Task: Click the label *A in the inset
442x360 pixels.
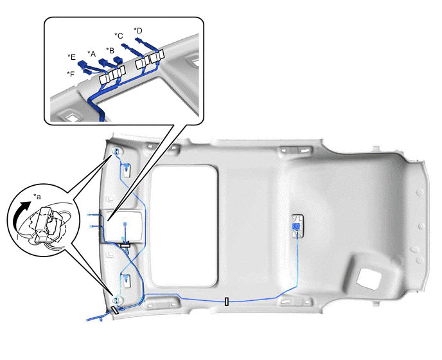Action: click(91, 53)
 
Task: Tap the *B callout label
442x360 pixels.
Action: click(110, 51)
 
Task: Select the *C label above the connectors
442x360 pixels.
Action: click(119, 36)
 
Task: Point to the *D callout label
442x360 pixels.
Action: click(138, 30)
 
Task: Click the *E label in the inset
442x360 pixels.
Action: click(71, 57)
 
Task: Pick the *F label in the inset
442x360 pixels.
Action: click(71, 74)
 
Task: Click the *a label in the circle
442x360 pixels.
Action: click(37, 196)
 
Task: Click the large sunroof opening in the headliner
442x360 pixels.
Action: click(184, 226)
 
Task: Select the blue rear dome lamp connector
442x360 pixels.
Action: click(296, 226)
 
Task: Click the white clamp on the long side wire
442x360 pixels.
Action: click(227, 301)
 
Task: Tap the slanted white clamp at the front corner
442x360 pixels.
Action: click(115, 310)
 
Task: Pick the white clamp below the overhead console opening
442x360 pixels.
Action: click(125, 246)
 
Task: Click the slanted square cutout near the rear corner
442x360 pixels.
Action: click(369, 279)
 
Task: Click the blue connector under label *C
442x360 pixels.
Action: click(126, 46)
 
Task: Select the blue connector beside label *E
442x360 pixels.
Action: click(82, 65)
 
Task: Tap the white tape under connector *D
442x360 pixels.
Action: click(157, 57)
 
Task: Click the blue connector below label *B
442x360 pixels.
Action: click(118, 60)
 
